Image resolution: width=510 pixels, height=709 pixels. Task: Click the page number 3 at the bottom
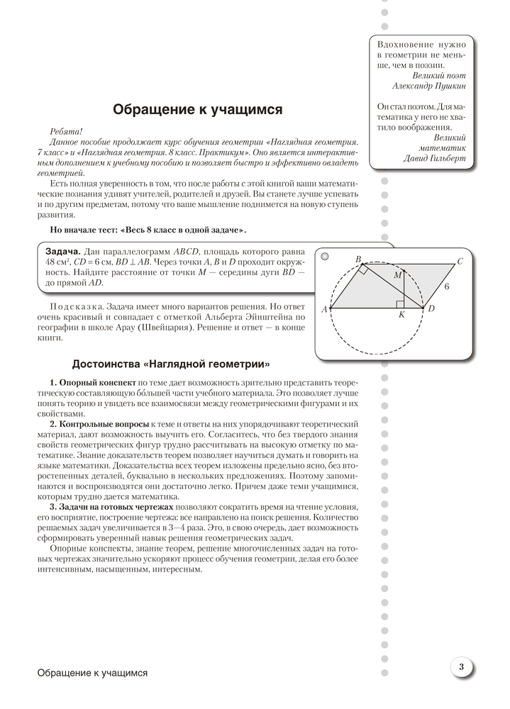[461, 666]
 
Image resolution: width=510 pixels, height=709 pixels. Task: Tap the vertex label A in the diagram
[324, 309]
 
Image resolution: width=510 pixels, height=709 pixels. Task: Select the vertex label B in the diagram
[358, 259]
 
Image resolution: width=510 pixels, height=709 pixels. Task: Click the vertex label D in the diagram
[431, 309]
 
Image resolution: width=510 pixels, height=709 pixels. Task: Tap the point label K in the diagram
[401, 315]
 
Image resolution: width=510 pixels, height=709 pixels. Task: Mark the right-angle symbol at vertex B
[362, 269]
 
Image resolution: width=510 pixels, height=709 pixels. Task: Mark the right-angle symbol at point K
[399, 304]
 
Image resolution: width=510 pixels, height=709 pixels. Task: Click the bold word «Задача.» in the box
[62, 251]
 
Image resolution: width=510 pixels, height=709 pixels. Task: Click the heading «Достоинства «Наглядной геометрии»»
[171, 364]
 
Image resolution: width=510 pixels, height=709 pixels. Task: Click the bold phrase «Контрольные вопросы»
[100, 423]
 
